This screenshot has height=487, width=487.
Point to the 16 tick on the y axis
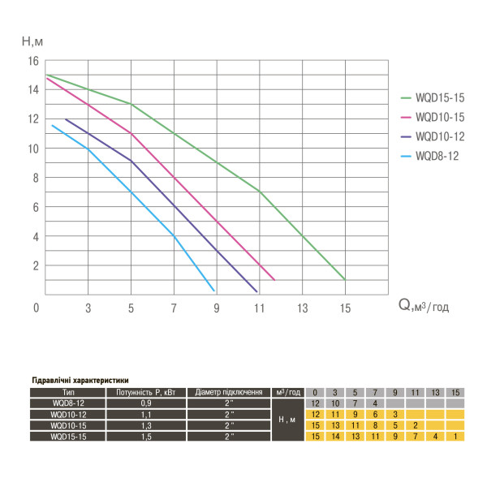pyautogui.click(x=33, y=61)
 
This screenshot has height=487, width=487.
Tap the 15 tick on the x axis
pyautogui.click(x=345, y=308)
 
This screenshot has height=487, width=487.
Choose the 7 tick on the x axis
pyautogui.click(x=173, y=308)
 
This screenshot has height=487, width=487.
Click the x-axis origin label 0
pyautogui.click(x=37, y=308)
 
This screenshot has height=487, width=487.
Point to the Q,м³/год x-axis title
pyautogui.click(x=423, y=306)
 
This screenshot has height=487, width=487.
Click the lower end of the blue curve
pyautogui.click(x=213, y=290)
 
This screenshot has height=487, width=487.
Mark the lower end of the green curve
pyautogui.click(x=345, y=280)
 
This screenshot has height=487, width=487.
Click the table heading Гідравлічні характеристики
pyautogui.click(x=80, y=380)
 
